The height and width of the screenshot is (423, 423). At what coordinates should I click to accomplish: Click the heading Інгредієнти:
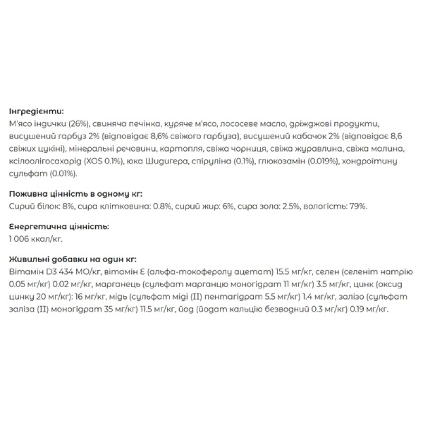click(x=36, y=111)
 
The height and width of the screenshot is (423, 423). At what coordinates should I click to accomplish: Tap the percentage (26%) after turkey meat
click(x=78, y=124)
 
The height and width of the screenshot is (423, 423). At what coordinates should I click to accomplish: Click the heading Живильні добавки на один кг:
click(x=72, y=259)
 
